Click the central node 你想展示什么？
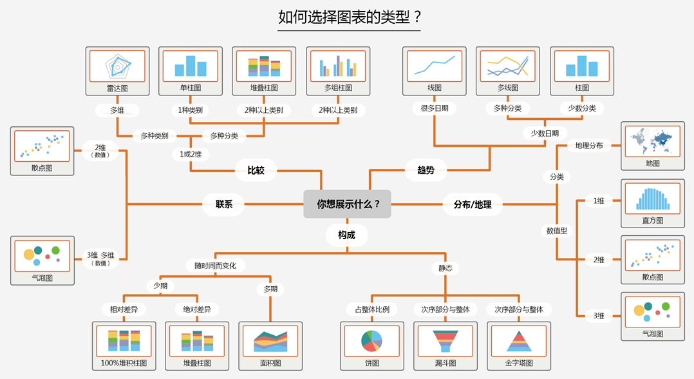point(347,204)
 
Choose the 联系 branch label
point(224,204)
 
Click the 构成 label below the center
point(346,235)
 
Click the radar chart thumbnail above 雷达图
point(117,66)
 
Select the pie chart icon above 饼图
point(371,340)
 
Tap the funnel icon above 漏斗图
point(445,340)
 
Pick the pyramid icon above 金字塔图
point(519,340)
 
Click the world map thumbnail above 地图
point(653,141)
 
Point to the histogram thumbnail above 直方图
point(653,199)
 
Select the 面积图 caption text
point(270,363)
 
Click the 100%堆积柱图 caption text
point(124,363)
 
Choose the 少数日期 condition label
point(545,133)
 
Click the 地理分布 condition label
point(588,146)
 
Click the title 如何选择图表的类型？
point(348,17)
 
